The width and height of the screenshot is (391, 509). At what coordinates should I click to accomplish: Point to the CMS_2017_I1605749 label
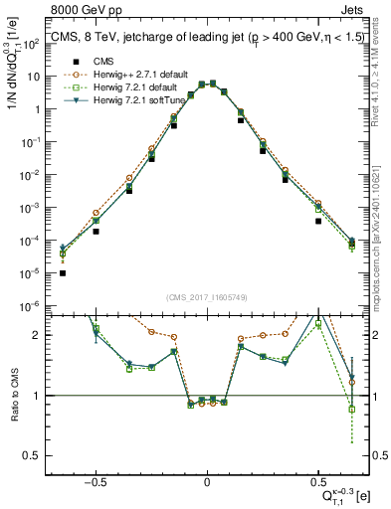click(206, 297)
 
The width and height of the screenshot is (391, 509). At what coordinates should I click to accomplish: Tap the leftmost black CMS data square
click(63, 272)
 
